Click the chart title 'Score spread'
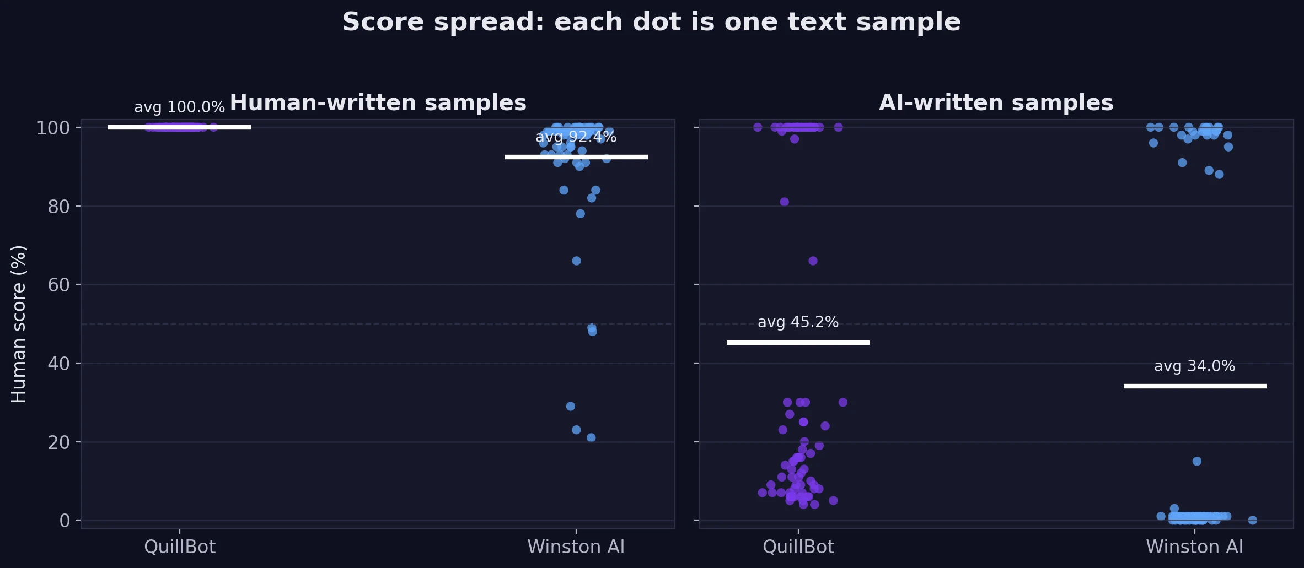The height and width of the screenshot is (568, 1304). click(651, 23)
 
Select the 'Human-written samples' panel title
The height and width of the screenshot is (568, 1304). click(378, 103)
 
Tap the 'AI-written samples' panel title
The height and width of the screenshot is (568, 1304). click(996, 103)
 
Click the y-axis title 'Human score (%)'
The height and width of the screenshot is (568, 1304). click(18, 324)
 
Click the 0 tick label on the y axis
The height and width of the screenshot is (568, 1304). click(65, 521)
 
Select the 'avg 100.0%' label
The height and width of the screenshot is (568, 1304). click(179, 107)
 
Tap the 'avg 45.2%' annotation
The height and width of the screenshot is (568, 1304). click(798, 322)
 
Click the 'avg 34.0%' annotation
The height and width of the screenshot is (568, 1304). click(1194, 366)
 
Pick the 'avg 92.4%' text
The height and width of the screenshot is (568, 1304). click(576, 137)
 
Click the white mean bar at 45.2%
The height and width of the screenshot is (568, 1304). click(798, 343)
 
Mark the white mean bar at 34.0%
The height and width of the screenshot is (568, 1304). click(1194, 386)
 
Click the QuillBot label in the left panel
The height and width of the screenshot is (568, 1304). click(180, 547)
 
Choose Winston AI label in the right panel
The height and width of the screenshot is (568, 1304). click(1194, 547)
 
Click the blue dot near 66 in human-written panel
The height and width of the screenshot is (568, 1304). click(576, 261)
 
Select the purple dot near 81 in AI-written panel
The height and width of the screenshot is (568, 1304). click(784, 202)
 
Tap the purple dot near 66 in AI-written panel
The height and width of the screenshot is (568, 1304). click(813, 261)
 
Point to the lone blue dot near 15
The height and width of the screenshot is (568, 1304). click(1196, 461)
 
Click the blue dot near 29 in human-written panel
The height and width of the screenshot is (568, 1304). click(570, 406)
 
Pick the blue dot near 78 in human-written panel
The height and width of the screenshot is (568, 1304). click(580, 214)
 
